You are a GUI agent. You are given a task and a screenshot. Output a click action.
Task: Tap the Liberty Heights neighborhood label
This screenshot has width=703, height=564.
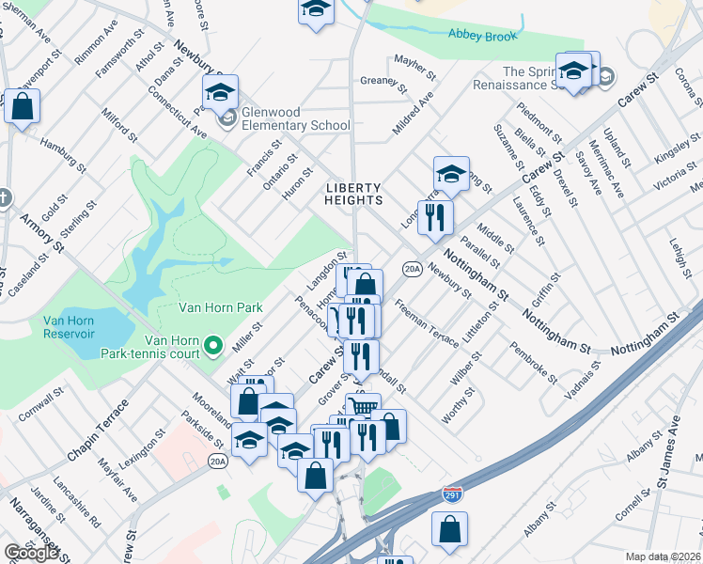click(x=354, y=194)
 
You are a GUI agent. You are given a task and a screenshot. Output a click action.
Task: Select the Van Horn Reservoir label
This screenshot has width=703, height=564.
click(x=69, y=327)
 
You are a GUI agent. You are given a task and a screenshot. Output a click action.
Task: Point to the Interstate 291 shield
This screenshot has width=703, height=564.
click(x=452, y=493)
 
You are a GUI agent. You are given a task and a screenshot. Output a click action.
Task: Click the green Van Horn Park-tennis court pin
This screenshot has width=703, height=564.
click(x=213, y=346)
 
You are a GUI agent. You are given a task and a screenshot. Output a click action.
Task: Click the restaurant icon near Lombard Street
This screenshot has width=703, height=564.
click(x=435, y=217)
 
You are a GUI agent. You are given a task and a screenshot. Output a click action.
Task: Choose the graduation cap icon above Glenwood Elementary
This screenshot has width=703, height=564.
click(x=220, y=91)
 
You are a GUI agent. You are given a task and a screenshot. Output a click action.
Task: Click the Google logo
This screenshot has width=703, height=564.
click(x=31, y=553)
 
